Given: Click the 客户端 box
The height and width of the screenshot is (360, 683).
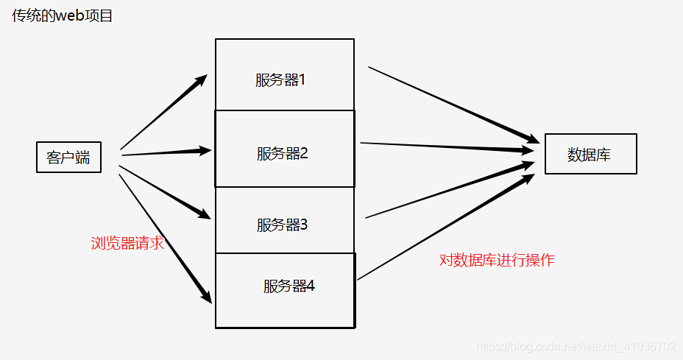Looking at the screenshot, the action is coord(68,158).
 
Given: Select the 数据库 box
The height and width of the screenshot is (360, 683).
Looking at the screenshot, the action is coord(590,155).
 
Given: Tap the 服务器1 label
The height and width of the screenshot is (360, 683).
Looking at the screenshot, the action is coord(280,80).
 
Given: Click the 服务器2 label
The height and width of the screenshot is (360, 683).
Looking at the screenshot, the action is coord(282,154).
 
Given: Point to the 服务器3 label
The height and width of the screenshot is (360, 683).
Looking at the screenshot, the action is coord(282,225).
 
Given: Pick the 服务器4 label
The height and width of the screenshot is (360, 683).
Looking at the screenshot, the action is coord(289,286).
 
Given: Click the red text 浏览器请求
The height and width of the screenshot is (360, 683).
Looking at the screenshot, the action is coord(127,244).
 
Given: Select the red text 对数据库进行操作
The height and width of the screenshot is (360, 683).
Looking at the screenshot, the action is coord(497,260).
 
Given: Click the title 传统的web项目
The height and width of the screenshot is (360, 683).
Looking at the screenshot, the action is coord(63,15).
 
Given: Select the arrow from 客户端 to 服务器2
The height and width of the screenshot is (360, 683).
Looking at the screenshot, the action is coord(166,152).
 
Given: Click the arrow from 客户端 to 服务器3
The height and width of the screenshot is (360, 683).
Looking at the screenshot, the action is coord(165,192).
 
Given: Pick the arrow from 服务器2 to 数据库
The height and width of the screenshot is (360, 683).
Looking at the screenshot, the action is coord(447,147).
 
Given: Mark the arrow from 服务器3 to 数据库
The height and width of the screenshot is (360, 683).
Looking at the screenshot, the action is coord(450,191).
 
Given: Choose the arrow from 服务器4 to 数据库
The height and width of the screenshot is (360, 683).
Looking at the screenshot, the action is coord(446,227).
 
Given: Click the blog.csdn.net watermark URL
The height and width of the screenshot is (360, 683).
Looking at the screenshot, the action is coord(576,346).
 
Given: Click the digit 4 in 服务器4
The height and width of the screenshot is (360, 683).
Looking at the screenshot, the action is coord(311,286).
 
